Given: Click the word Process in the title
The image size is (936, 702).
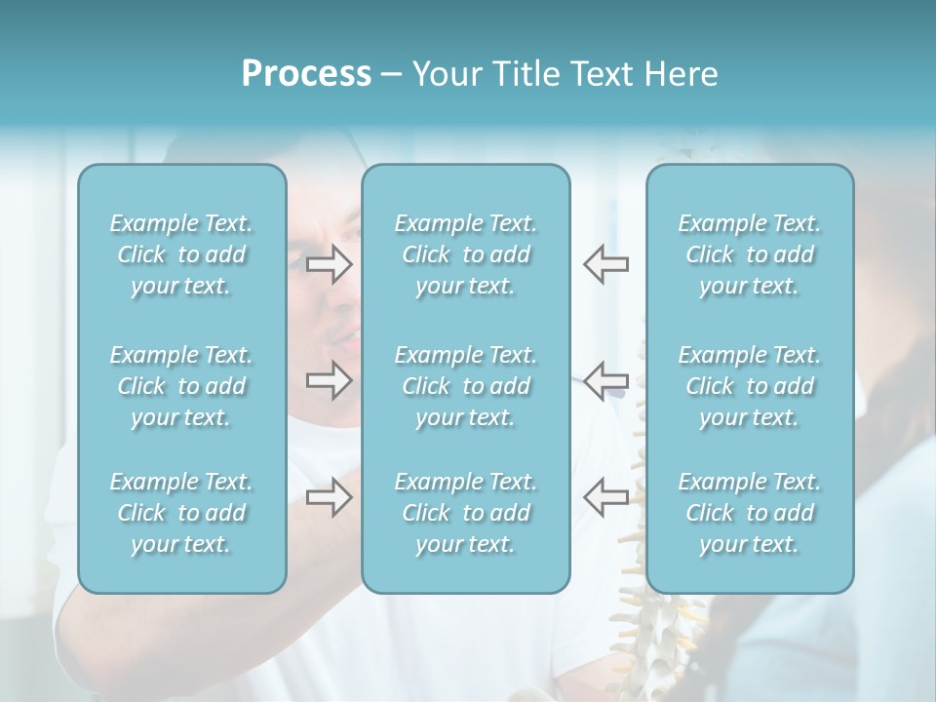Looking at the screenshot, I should pyautogui.click(x=306, y=74).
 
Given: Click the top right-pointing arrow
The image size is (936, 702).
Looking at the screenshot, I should pyautogui.click(x=329, y=263).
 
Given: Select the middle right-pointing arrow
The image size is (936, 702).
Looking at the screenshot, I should pyautogui.click(x=329, y=380).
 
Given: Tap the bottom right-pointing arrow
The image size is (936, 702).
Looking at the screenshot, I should pyautogui.click(x=329, y=497).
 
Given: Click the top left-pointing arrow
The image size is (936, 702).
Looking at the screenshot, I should pyautogui.click(x=605, y=263).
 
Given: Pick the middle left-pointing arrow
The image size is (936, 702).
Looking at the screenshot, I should pyautogui.click(x=605, y=380).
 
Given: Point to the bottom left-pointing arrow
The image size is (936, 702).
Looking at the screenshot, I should pyautogui.click(x=605, y=497).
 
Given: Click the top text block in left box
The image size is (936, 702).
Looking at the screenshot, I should pyautogui.click(x=181, y=254).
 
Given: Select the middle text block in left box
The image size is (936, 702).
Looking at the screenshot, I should pyautogui.click(x=181, y=386).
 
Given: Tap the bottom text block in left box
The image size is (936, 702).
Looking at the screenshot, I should pyautogui.click(x=181, y=513).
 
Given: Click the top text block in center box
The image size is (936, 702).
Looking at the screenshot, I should pyautogui.click(x=465, y=254).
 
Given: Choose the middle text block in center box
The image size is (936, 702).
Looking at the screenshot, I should pyautogui.click(x=465, y=386).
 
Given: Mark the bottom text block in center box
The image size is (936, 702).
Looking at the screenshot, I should pyautogui.click(x=465, y=513).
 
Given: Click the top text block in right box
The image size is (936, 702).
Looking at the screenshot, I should pyautogui.click(x=749, y=254).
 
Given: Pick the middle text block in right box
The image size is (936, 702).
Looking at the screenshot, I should pyautogui.click(x=749, y=386).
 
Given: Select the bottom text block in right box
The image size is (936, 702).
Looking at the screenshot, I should pyautogui.click(x=749, y=513).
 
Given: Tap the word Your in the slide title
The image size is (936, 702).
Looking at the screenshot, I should pyautogui.click(x=446, y=74).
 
